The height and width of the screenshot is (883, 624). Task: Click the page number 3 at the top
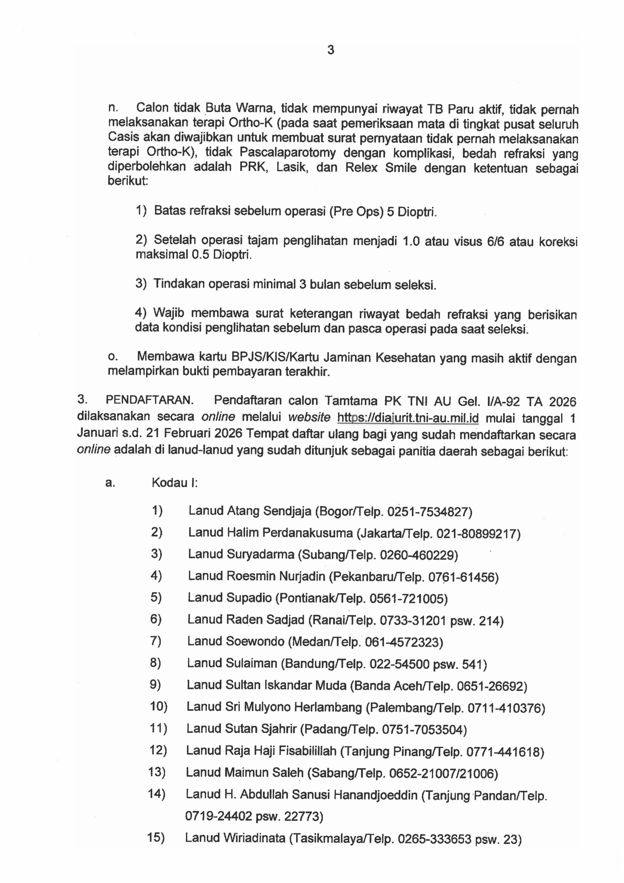(x=331, y=50)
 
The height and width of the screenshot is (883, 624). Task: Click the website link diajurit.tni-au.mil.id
(x=408, y=418)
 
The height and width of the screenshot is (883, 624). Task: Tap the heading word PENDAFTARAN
(x=149, y=400)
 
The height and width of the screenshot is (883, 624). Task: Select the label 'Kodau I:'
(x=174, y=483)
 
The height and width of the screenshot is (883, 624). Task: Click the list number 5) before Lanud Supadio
(x=156, y=597)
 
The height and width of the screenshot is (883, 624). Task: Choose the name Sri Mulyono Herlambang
(x=293, y=707)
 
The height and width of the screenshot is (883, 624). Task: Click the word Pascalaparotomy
(x=288, y=153)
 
